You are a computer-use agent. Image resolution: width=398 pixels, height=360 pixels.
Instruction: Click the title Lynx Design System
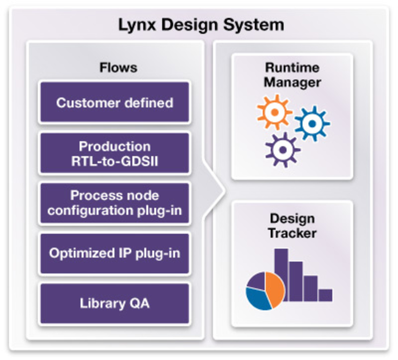coord(201,25)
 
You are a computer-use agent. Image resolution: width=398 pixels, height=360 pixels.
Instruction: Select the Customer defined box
coord(115,102)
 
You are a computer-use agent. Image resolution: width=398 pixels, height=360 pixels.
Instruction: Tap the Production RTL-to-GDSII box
coord(115,153)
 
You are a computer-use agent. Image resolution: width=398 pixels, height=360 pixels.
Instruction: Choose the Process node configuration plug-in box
coord(115,203)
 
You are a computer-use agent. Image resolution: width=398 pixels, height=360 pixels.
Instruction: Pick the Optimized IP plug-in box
coord(115,253)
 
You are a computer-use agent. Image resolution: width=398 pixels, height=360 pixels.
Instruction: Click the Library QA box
coord(115,303)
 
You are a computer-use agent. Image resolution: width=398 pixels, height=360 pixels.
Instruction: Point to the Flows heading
coord(118,67)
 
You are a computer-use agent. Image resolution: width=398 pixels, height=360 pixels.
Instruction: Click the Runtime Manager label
coord(292,75)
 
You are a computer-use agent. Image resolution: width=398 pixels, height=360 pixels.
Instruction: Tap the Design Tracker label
coord(292,226)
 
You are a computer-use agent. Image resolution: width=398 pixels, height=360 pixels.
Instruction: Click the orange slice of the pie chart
coord(275,289)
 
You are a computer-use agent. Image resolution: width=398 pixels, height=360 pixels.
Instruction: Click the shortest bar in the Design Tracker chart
coord(325,295)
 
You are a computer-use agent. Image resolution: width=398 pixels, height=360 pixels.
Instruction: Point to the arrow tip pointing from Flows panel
coord(224,191)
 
